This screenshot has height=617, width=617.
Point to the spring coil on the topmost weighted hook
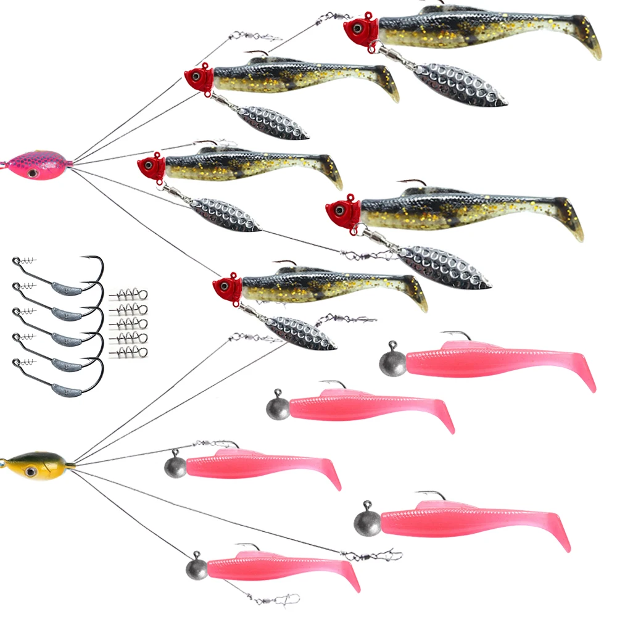coord(25,261)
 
